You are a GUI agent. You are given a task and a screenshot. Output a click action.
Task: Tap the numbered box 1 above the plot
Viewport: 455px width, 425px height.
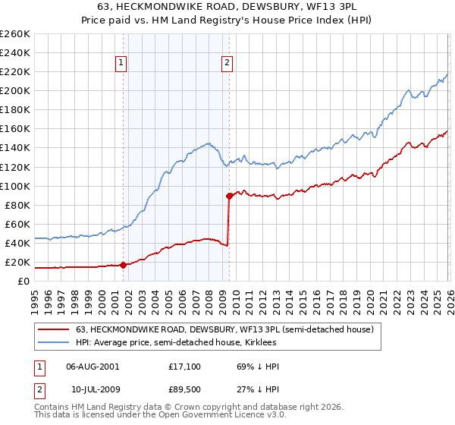pos(121,64)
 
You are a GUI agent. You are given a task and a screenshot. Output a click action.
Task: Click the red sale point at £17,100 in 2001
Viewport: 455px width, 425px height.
pos(123,265)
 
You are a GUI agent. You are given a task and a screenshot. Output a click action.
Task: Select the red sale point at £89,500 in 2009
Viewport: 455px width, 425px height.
pos(229,196)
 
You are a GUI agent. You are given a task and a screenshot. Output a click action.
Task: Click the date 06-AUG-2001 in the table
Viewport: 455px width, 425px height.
pos(93,367)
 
